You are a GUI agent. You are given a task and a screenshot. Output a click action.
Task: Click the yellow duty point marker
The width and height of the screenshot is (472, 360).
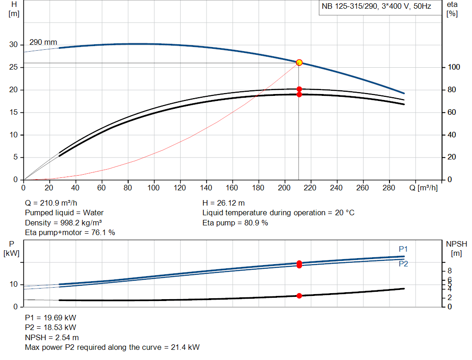[x=299, y=63]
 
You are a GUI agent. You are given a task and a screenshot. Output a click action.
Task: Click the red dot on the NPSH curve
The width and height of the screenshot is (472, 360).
[x=299, y=296]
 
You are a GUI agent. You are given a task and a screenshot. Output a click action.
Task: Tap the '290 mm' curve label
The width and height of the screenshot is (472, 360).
[x=43, y=42]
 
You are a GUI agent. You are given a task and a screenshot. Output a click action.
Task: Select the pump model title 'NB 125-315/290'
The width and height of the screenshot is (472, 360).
[x=349, y=6]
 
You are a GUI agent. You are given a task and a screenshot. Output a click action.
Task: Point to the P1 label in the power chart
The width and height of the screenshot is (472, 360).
[x=403, y=249]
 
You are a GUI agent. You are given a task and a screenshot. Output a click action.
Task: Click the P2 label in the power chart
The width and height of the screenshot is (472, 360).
[x=403, y=264]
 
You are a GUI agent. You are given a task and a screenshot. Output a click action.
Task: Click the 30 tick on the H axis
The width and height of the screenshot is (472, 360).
[x=13, y=45]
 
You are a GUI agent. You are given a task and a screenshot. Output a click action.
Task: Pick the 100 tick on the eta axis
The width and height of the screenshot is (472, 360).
[x=454, y=67]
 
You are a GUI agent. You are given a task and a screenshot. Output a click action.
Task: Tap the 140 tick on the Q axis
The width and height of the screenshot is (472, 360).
[x=206, y=188]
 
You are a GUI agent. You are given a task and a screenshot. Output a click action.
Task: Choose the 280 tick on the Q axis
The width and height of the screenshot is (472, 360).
[x=389, y=188]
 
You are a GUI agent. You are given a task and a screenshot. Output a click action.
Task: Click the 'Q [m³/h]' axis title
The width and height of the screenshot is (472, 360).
[x=423, y=188]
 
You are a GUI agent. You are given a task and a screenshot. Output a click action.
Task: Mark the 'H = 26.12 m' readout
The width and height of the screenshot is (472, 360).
[x=224, y=203]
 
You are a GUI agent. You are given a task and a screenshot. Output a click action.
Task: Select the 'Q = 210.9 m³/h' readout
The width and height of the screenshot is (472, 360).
[x=51, y=203]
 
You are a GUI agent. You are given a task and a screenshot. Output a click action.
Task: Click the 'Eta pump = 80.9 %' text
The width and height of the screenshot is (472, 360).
[x=235, y=223]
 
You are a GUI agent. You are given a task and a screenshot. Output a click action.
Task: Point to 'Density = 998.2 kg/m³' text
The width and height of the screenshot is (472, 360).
[x=63, y=223]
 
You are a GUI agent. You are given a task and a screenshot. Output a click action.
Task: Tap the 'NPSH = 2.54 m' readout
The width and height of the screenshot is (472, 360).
[x=52, y=337]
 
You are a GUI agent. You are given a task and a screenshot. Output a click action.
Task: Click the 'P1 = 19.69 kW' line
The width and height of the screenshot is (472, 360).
[x=51, y=318]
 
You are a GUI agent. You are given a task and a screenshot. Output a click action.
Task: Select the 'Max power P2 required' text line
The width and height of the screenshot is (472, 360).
[x=112, y=348]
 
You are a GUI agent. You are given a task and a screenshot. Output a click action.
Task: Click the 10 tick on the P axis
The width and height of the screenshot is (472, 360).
[x=13, y=284]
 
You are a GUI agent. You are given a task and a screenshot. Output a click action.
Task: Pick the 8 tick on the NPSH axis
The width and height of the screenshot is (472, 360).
[x=449, y=271]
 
